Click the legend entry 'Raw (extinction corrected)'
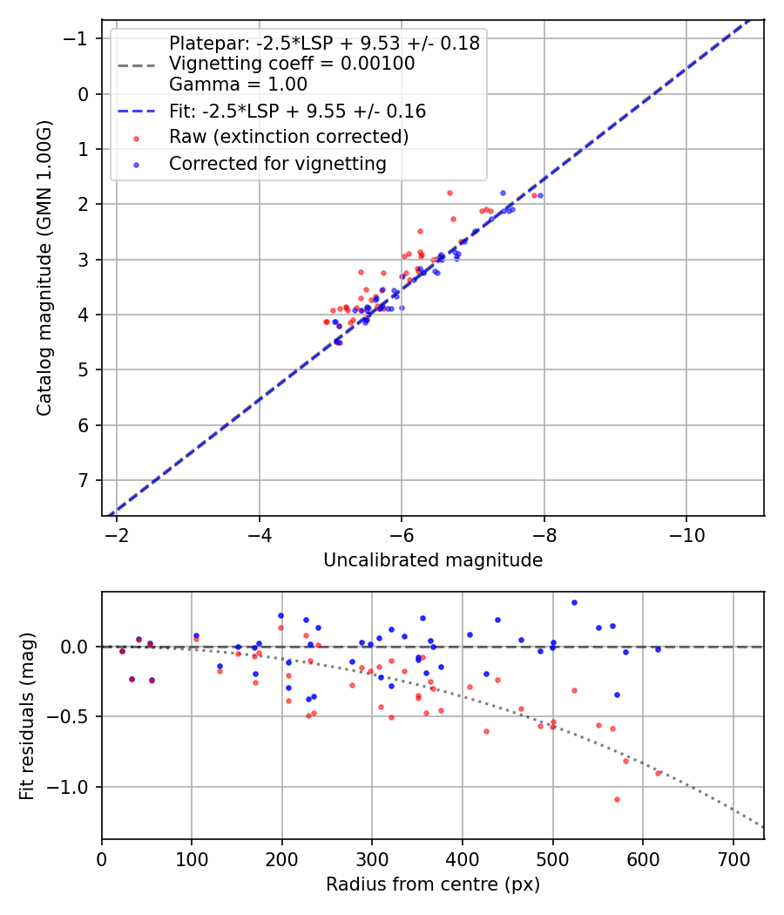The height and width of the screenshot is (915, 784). tap(288, 137)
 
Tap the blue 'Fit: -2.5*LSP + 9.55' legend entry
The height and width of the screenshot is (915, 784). tap(297, 112)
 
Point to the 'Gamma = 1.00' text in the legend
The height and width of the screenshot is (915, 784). tap(238, 85)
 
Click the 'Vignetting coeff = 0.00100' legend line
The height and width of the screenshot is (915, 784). tap(291, 64)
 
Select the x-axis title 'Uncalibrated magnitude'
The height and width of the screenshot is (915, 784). tap(433, 560)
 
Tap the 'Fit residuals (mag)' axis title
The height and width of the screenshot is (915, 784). tap(27, 716)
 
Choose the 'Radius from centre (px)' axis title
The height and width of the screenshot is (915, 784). tap(433, 884)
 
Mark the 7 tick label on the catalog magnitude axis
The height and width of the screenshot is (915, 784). tap(84, 481)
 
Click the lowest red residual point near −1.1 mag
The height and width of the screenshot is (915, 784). tap(617, 799)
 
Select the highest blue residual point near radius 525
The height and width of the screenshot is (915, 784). tap(574, 602)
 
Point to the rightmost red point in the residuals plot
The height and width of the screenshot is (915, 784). tap(658, 773)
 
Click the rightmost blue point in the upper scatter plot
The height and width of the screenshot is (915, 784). tap(540, 195)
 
